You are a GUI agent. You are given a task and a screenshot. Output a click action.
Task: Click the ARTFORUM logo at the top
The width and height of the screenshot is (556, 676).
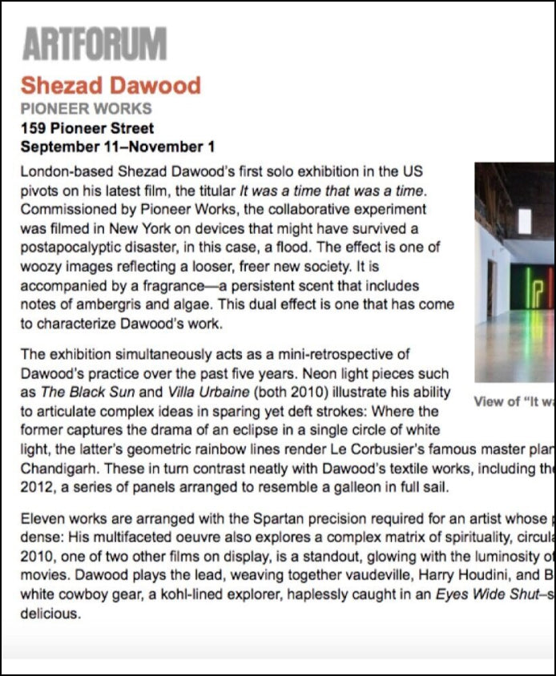pyautogui.click(x=95, y=44)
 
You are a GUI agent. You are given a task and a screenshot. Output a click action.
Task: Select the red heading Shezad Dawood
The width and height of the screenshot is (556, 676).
pyautogui.click(x=111, y=85)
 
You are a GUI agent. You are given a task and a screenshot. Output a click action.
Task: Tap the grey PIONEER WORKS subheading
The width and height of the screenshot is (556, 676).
pyautogui.click(x=86, y=109)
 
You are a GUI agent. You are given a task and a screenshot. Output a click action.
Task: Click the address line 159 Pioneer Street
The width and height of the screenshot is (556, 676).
pyautogui.click(x=87, y=128)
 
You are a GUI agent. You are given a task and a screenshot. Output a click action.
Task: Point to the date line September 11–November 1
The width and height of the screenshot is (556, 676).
pyautogui.click(x=117, y=147)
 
